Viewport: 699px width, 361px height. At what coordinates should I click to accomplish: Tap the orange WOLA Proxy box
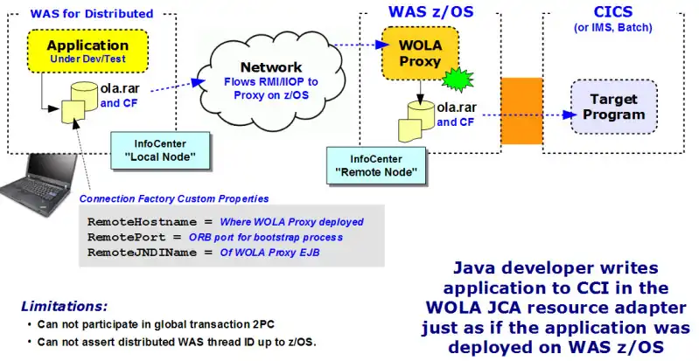click(409, 54)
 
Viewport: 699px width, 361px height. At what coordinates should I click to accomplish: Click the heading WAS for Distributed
click(91, 13)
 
